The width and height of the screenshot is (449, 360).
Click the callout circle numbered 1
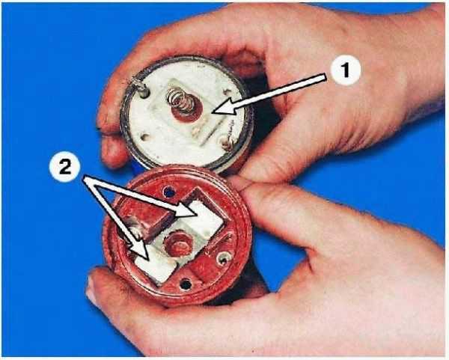coord(346,70)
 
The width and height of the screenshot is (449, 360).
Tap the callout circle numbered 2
coord(64,167)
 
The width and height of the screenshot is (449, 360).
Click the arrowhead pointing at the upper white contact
coord(186,210)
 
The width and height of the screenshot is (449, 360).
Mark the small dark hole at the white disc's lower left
coord(145,137)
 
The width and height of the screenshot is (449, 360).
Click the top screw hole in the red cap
coord(169,191)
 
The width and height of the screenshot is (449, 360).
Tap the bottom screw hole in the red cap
coord(186,284)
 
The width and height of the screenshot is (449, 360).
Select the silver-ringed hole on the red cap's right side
coord(224,259)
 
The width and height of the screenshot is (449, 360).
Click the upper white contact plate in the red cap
coord(204,217)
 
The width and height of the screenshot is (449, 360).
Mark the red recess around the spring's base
coord(186,111)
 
